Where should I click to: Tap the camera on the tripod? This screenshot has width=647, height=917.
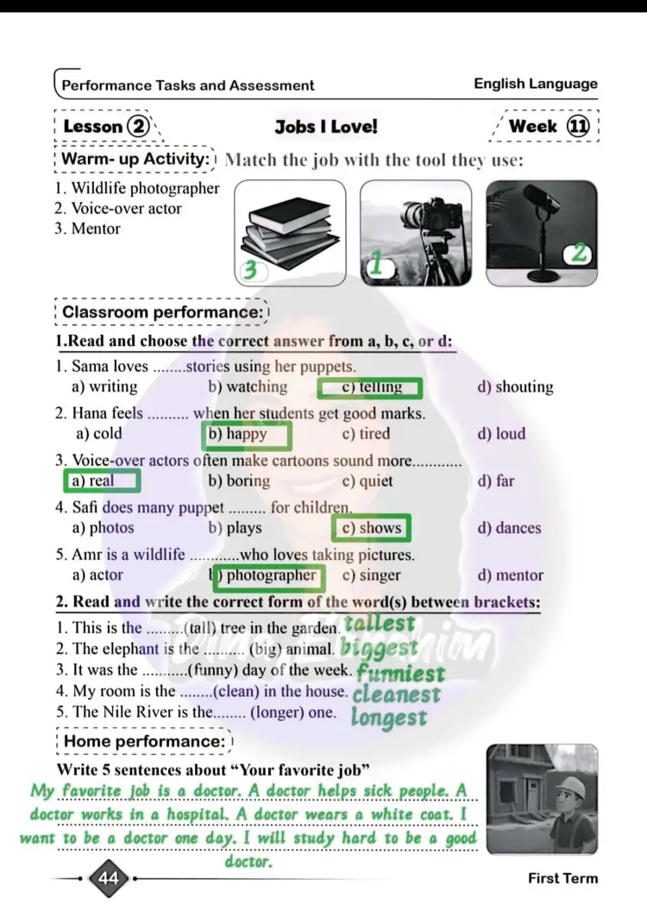[422, 216]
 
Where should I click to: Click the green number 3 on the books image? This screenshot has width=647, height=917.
[251, 271]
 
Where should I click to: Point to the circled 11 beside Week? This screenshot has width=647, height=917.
[578, 126]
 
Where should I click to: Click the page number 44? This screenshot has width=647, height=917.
[109, 879]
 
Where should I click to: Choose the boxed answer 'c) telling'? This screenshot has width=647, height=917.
[370, 387]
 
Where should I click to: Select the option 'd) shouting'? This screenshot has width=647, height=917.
[515, 387]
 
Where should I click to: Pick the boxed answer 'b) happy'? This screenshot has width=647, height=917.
[246, 434]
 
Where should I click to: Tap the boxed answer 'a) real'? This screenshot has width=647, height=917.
[101, 480]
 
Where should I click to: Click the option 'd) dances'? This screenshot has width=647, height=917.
[509, 528]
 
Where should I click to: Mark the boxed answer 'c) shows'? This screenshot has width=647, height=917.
[372, 528]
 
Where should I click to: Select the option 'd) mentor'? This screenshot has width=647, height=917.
[510, 575]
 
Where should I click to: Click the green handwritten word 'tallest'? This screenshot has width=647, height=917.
[380, 623]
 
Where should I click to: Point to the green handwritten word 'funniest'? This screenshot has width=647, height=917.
[400, 673]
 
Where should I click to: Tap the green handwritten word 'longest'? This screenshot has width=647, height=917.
[388, 718]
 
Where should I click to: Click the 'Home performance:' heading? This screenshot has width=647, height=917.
[144, 741]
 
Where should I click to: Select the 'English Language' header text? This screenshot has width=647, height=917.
[535, 84]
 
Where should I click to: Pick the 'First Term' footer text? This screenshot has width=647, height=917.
[562, 878]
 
